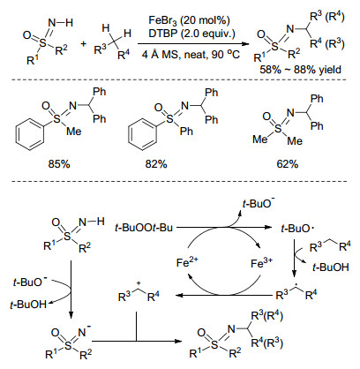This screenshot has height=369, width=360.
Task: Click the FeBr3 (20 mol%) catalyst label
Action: click(x=189, y=21)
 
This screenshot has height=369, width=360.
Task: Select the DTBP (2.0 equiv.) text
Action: click(x=191, y=34)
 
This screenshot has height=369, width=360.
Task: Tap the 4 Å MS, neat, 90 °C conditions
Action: click(x=191, y=55)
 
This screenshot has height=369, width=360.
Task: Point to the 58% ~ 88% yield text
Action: click(x=300, y=70)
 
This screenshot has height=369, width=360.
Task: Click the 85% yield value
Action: click(x=59, y=164)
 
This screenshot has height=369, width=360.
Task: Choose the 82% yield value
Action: click(x=156, y=164)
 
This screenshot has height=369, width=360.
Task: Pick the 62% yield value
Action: click(x=288, y=164)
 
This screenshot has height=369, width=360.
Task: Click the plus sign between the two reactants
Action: click(x=84, y=44)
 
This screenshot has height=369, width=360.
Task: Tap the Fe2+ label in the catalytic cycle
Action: click(x=188, y=262)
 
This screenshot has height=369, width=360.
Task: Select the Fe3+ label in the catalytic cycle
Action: click(x=262, y=263)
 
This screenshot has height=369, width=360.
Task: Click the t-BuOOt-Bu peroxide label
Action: click(x=144, y=228)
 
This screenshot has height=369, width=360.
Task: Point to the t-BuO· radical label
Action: click(x=296, y=229)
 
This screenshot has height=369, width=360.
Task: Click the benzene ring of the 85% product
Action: click(x=30, y=135)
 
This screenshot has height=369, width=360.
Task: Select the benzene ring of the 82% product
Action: click(x=143, y=135)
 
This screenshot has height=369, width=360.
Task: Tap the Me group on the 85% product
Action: click(x=74, y=131)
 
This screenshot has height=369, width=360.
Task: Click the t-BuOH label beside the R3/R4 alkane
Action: click(x=331, y=267)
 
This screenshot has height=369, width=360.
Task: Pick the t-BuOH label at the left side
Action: click(x=28, y=305)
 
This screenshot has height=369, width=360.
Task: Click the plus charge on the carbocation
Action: click(x=139, y=283)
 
